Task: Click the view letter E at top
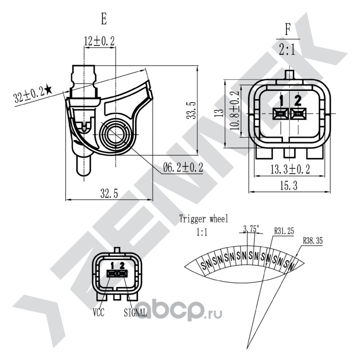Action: tap(104, 19)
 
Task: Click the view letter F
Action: tap(288, 31)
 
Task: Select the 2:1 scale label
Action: tap(287, 49)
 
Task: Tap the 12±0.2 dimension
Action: tap(99, 41)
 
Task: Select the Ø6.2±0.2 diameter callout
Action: tap(183, 168)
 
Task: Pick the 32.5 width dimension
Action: tap(109, 193)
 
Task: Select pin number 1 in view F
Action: tap(281, 100)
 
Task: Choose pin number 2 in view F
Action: tap(297, 100)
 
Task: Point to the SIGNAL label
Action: tap(135, 313)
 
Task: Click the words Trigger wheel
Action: tap(204, 219)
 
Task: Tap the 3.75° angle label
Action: tap(251, 229)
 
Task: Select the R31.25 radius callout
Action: tap(284, 231)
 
